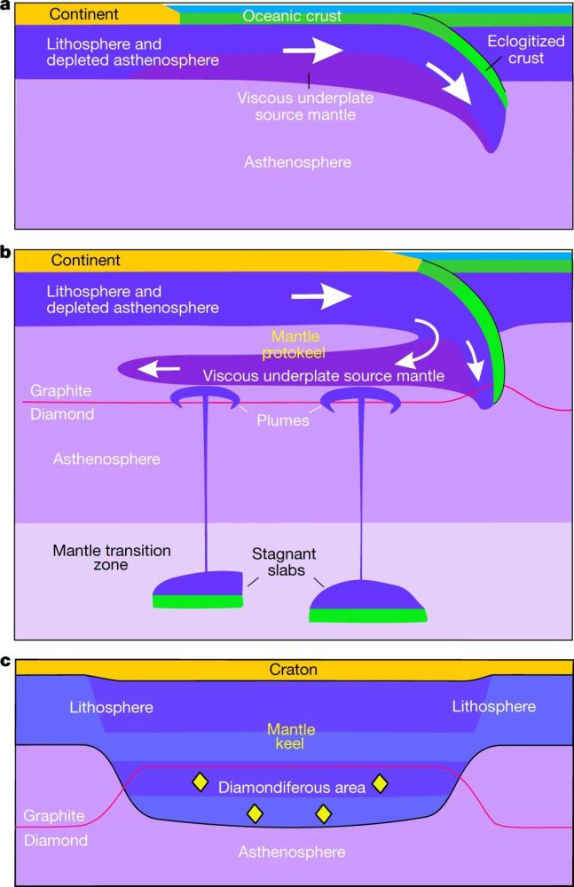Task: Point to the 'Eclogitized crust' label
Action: (x=527, y=50)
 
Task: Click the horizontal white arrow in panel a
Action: (x=312, y=51)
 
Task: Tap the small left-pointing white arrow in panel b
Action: (x=161, y=367)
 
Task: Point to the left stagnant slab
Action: (x=198, y=590)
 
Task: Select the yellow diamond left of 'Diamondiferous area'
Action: (x=201, y=782)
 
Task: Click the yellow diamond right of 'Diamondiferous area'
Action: (x=381, y=782)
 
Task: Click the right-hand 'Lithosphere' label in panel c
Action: (x=494, y=707)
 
